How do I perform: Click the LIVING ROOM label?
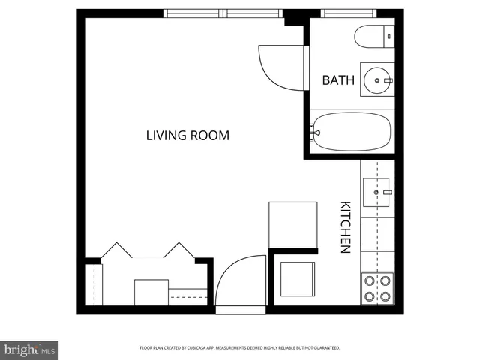pyautogui.click(x=187, y=136)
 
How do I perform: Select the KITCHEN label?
pyautogui.click(x=346, y=226)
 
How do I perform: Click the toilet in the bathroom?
pyautogui.click(x=370, y=34)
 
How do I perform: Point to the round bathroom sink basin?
pyautogui.click(x=377, y=79)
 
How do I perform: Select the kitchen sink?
pyautogui.click(x=377, y=193)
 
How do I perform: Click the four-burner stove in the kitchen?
pyautogui.click(x=377, y=288)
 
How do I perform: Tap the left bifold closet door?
pyautogui.click(x=116, y=250)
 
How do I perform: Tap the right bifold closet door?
pyautogui.click(x=180, y=250)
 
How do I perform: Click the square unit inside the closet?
pyautogui.click(x=151, y=292)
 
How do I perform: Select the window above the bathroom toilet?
pyautogui.click(x=349, y=13)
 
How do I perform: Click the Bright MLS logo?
pyautogui.click(x=29, y=349)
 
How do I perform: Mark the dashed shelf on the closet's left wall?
pyautogui.click(x=93, y=283)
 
